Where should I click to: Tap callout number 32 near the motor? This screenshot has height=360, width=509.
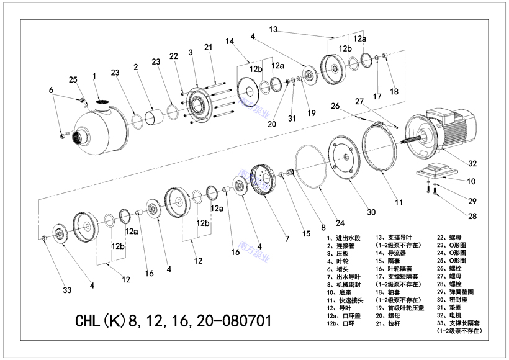tap(472, 164)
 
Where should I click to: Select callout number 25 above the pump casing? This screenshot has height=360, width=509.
tap(73, 80)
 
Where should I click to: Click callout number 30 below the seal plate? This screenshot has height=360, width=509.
tap(371, 212)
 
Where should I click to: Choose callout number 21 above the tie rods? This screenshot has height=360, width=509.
tap(208, 47)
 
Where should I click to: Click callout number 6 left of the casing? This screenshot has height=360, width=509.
tap(51, 91)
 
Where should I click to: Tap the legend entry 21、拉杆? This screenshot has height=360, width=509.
tap(400, 323)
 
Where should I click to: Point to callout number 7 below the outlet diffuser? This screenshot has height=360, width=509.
tap(287, 239)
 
